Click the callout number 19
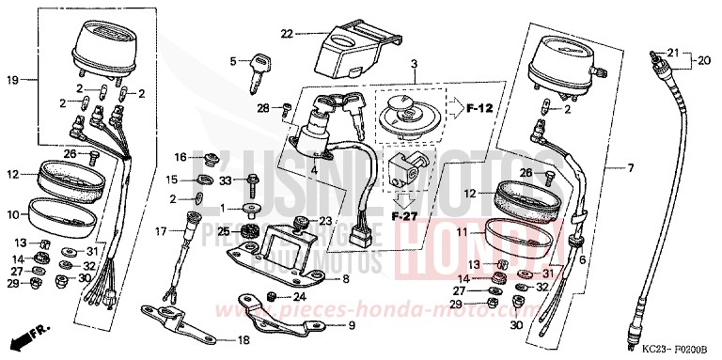coord(12,80)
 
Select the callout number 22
coord(287,34)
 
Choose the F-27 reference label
coord(406,213)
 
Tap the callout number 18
coord(243,339)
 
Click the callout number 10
coord(12,214)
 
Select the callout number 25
coord(223,230)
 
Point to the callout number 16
coord(180,157)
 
